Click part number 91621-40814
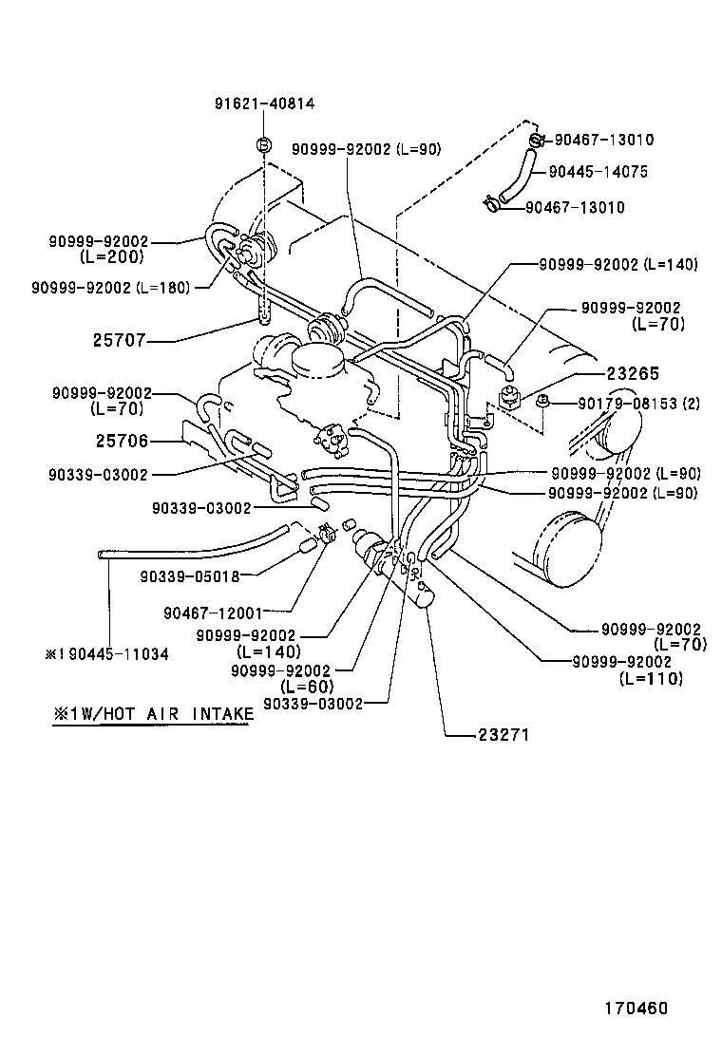coord(263,104)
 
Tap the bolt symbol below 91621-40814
coord(263,144)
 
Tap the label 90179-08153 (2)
coord(639,404)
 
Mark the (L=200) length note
coord(111,256)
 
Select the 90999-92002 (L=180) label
coord(110,287)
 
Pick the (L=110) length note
coord(650,678)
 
